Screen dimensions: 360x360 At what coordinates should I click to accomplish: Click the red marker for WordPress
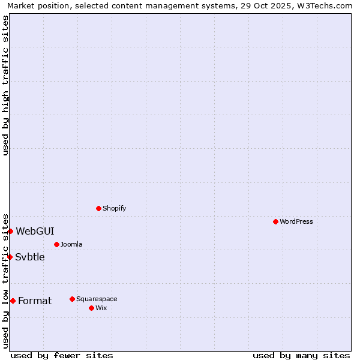pos(275,221)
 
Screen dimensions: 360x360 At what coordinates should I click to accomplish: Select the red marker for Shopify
pos(98,208)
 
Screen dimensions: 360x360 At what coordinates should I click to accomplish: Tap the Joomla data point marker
pos(56,244)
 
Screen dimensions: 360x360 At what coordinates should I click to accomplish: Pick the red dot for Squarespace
pos(72,299)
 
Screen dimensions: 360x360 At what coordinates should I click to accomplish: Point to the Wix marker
pos(91,308)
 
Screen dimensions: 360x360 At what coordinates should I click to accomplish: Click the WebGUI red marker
pos(10,231)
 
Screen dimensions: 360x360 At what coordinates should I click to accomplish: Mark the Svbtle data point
pos(10,257)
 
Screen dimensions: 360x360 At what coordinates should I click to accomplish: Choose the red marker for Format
pos(13,301)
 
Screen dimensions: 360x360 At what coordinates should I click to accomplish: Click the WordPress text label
pos(296,221)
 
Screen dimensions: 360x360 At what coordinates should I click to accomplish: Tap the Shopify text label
pos(115,208)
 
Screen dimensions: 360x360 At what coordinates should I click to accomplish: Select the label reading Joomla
pos(71,244)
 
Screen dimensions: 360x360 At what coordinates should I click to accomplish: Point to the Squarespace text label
pos(97,299)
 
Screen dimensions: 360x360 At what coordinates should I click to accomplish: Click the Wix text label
pos(101,308)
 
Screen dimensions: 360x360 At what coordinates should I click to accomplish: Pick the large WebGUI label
pos(35,231)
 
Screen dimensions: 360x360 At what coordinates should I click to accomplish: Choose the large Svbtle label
pos(30,257)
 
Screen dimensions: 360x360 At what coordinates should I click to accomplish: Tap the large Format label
pos(35,301)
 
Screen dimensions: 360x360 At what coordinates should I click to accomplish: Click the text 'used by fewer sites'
pos(62,355)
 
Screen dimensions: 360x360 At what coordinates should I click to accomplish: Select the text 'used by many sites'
pos(301,355)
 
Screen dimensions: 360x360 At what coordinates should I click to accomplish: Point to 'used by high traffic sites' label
pos(5,85)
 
